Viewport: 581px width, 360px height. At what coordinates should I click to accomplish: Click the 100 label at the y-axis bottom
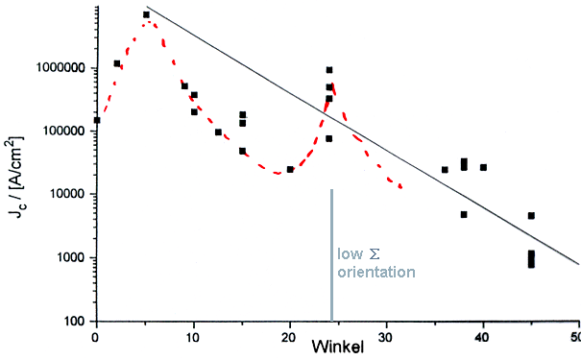pos(74,321)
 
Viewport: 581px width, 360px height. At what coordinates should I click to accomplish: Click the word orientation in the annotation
pos(375,273)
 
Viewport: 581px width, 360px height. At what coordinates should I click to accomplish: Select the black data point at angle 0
pos(96,120)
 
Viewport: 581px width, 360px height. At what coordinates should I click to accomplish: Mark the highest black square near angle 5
pos(146,14)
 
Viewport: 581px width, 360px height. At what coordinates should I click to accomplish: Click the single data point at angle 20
pos(290,169)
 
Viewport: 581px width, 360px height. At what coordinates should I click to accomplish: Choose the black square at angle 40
pos(483,167)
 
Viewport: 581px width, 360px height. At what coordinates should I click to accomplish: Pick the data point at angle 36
pos(445,170)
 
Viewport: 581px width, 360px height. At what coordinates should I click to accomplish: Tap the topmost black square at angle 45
pos(531,216)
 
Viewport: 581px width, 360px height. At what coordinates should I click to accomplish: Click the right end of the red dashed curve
pos(400,186)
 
